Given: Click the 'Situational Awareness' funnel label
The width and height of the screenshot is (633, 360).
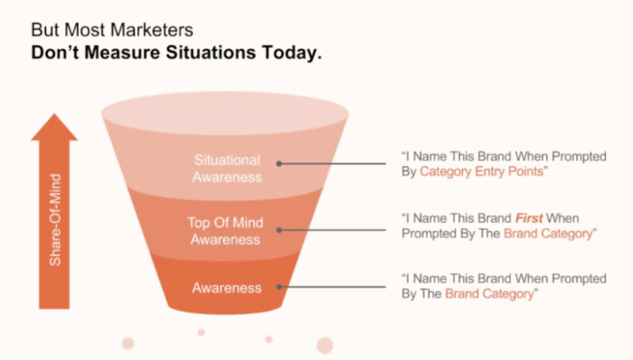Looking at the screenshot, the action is [227, 169].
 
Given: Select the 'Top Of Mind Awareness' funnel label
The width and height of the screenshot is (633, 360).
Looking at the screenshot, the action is [226, 231].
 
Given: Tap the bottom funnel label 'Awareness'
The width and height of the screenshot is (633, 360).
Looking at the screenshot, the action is [227, 288].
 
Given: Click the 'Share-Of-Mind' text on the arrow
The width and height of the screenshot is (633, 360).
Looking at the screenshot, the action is [55, 220].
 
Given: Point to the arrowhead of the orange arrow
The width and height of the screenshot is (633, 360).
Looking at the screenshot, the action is [54, 114].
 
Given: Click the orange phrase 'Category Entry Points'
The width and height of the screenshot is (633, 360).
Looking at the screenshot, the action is [482, 172].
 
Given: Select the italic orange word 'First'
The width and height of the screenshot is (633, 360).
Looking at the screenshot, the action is [529, 218].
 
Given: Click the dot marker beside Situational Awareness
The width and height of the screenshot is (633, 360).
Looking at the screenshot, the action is [279, 164].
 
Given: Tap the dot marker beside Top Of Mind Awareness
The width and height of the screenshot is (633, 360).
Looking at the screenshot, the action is [279, 230].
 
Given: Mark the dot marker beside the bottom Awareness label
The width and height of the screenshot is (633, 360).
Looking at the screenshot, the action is [279, 287].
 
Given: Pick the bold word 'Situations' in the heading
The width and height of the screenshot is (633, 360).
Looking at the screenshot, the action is [210, 52].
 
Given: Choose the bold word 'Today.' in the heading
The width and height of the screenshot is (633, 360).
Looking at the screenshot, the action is [292, 53].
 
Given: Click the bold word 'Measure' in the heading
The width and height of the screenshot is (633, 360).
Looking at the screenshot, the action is [122, 52].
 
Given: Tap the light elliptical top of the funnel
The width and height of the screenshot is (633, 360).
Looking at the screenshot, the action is [225, 113].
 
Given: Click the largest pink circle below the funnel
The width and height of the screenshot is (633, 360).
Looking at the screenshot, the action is [325, 346].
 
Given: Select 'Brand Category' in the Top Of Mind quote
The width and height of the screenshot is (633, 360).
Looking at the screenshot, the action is [548, 233].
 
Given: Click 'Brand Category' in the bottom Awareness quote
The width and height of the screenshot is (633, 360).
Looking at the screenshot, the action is [489, 294].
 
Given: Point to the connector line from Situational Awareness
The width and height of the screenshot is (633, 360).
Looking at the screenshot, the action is [332, 164].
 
